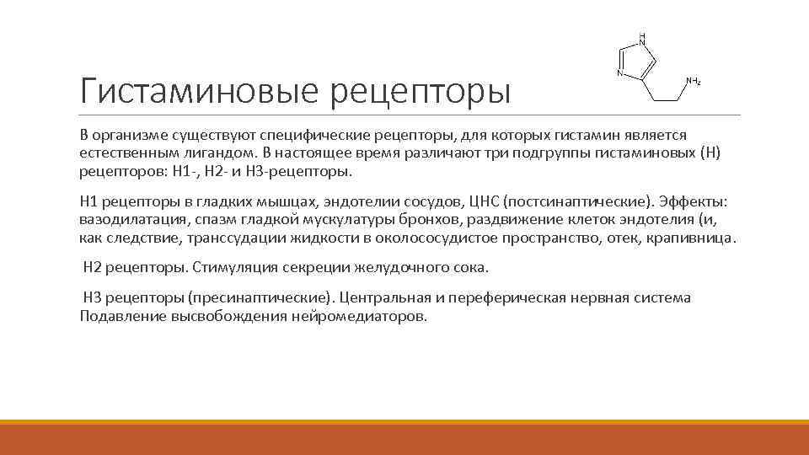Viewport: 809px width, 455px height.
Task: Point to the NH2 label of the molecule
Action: (693, 82)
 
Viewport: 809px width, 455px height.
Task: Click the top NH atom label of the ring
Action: (642, 39)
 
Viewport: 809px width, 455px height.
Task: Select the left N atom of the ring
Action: (619, 73)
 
